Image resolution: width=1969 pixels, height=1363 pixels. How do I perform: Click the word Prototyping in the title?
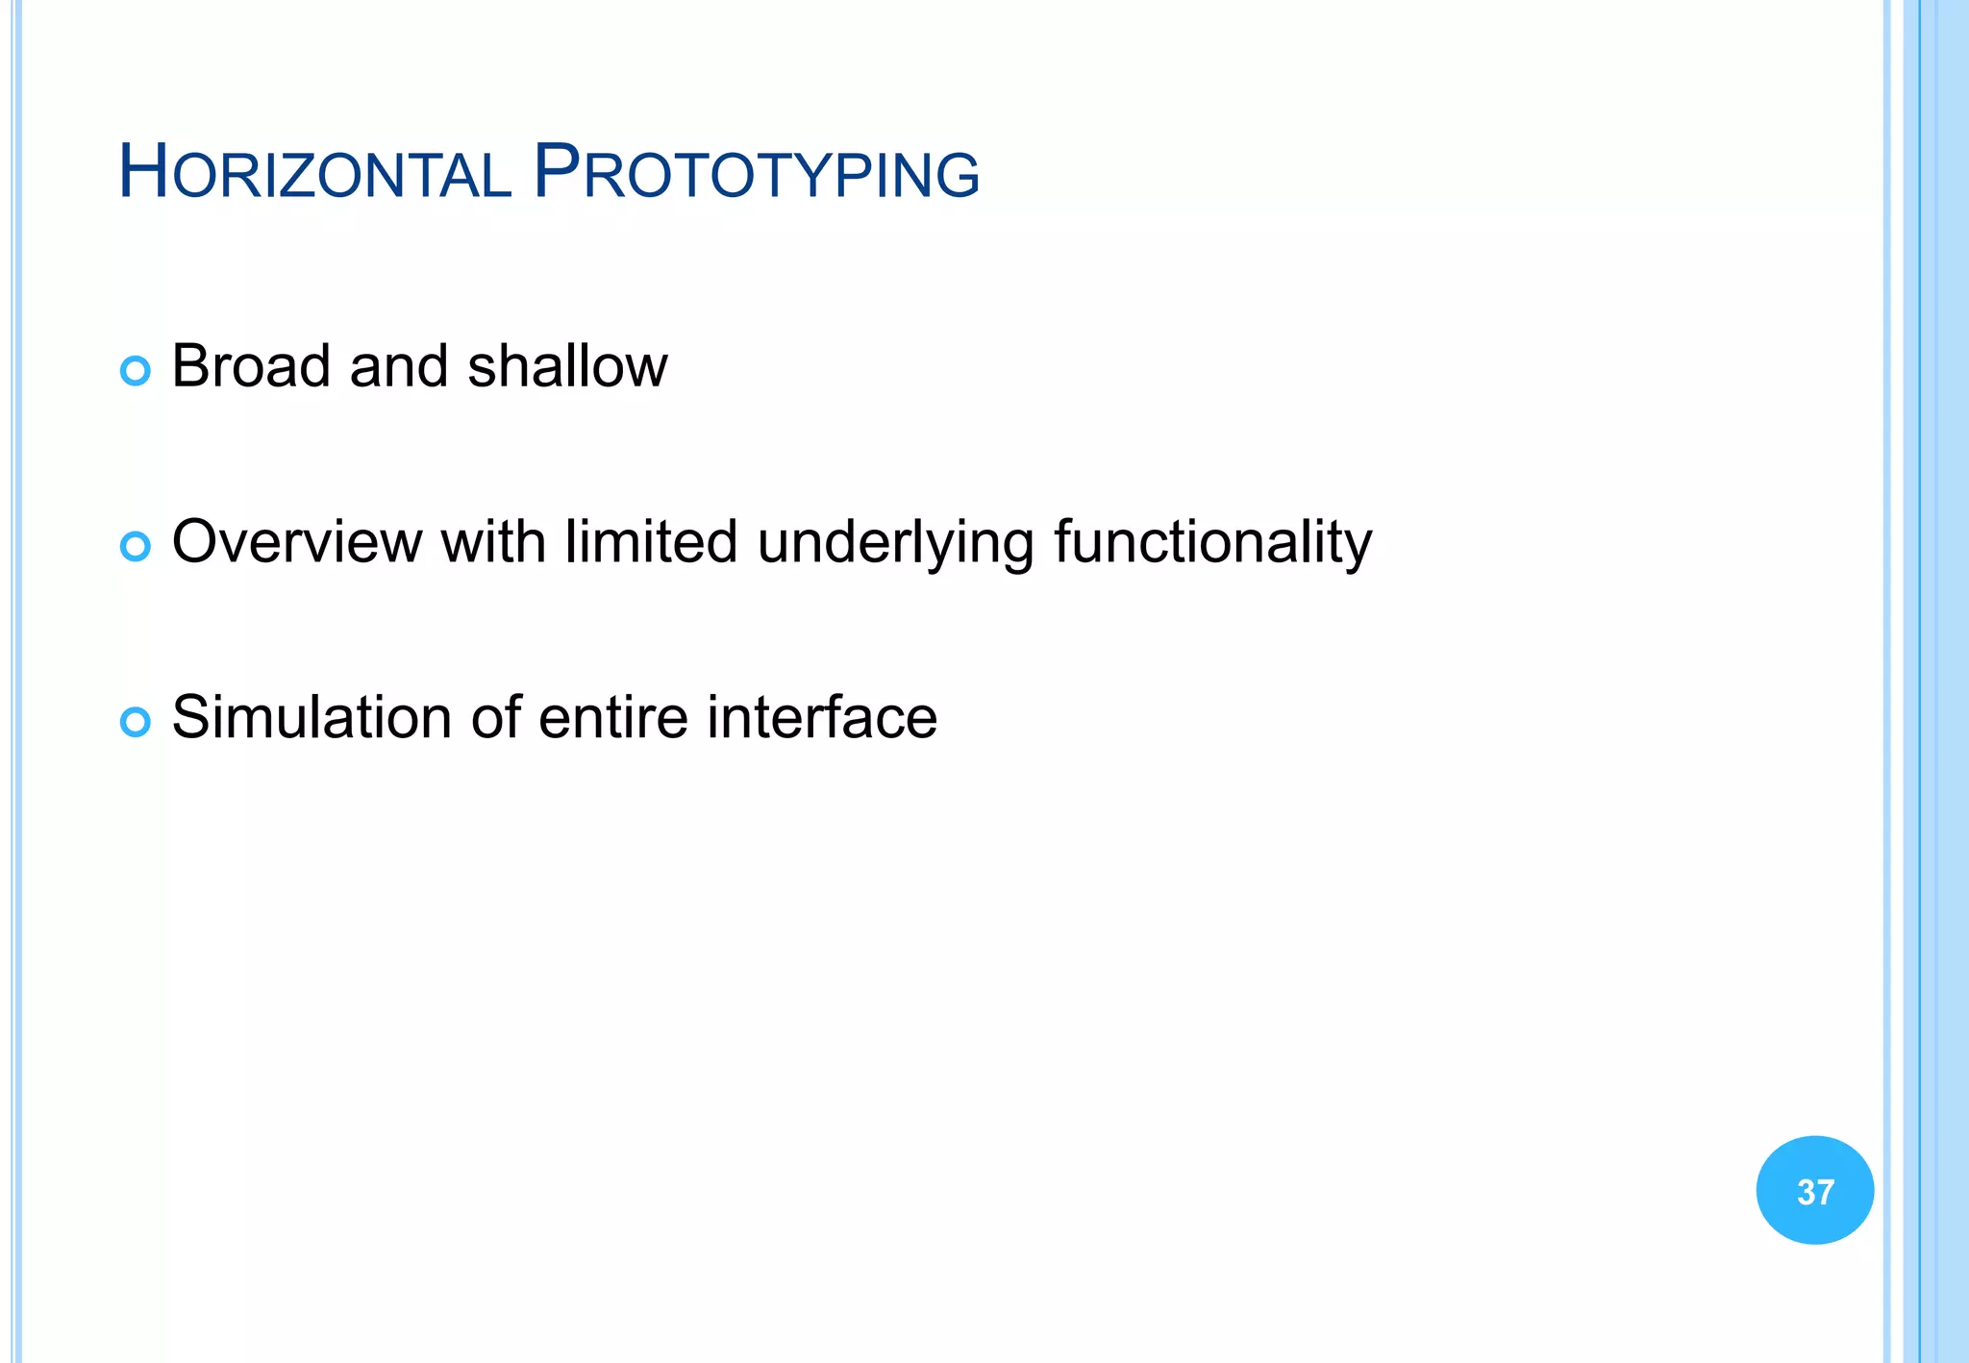(x=756, y=173)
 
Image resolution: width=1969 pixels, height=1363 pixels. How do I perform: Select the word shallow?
(x=567, y=366)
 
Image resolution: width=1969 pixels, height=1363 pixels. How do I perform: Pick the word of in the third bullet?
(x=494, y=717)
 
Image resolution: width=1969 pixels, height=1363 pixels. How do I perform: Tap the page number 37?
(x=1815, y=1192)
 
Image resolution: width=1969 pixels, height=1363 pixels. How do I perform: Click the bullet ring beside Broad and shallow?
(x=136, y=371)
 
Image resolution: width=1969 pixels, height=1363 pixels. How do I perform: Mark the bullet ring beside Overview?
(x=136, y=547)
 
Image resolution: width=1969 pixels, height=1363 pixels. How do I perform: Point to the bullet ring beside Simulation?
(x=136, y=722)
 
